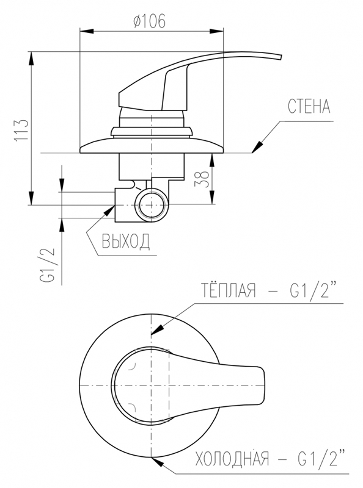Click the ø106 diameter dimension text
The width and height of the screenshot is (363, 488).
tap(149, 21)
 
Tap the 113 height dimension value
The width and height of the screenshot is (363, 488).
tap(22, 129)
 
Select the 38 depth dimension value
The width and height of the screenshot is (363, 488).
tap(202, 179)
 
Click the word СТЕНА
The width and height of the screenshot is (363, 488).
tap(309, 106)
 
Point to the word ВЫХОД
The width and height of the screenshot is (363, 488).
tap(126, 241)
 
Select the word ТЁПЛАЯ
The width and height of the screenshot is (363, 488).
tap(228, 290)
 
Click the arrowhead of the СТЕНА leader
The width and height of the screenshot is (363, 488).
tap(257, 148)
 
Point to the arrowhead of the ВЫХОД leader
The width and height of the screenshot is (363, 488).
tap(109, 211)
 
